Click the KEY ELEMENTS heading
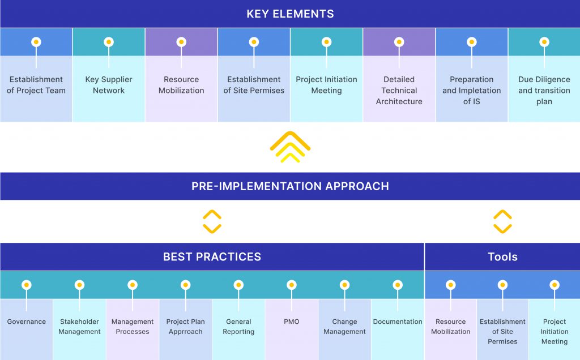click(x=290, y=14)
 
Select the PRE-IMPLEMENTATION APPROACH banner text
click(x=290, y=186)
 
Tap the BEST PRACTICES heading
click(x=212, y=257)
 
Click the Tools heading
click(x=502, y=257)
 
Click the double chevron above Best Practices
click(x=212, y=221)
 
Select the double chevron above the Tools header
click(x=502, y=221)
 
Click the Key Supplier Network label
click(x=109, y=85)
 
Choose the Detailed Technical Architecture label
click(x=399, y=91)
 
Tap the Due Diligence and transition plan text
click(x=544, y=91)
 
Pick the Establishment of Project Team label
click(x=36, y=85)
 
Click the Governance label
click(x=27, y=322)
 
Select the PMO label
click(x=291, y=322)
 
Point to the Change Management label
click(x=344, y=327)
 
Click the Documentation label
click(x=398, y=322)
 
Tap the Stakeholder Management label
click(x=79, y=327)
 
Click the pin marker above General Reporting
click(x=238, y=285)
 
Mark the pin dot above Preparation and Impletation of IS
click(x=471, y=42)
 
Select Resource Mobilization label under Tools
click(x=450, y=327)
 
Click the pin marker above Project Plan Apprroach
click(x=185, y=285)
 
